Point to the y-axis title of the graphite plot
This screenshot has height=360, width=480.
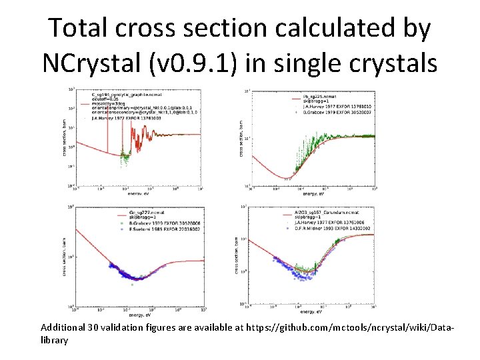coord(66,137)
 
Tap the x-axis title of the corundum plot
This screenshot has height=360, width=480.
coord(311,311)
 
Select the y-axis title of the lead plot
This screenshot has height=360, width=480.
coord(241,138)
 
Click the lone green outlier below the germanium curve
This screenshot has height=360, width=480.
coord(131,284)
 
